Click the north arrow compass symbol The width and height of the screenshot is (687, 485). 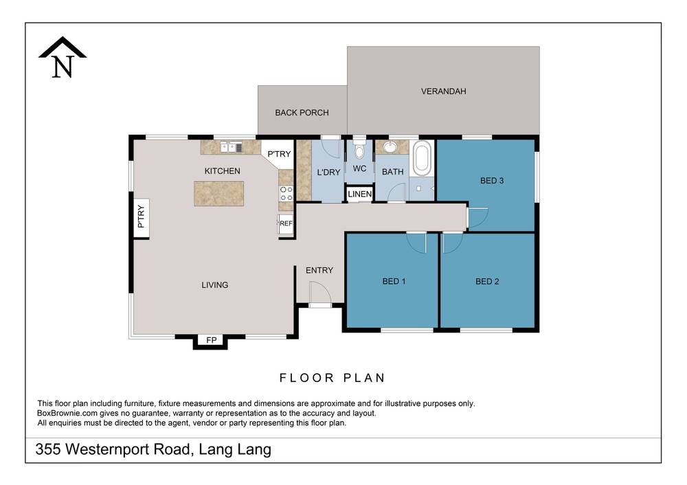tap(63, 58)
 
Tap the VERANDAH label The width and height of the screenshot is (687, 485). tap(443, 91)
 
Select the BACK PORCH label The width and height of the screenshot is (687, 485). tap(302, 113)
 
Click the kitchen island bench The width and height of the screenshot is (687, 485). tap(218, 193)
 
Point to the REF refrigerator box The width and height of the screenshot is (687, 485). tap(286, 223)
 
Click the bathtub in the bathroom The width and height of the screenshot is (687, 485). tap(421, 159)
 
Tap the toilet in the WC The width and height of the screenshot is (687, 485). tap(359, 150)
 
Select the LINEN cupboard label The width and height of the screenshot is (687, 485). tap(359, 194)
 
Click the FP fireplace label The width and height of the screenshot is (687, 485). tap(210, 340)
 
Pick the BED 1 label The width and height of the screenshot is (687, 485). tap(394, 281)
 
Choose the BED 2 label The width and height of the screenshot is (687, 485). tap(487, 281)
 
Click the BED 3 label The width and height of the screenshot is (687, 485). tap(492, 181)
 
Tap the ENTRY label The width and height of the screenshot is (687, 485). tap(319, 270)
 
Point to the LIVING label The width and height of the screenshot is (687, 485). tap(214, 284)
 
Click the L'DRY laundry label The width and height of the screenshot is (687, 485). tap(328, 172)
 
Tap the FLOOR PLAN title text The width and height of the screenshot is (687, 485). tap(332, 377)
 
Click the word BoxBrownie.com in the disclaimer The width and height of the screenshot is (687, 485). tap(66, 414)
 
